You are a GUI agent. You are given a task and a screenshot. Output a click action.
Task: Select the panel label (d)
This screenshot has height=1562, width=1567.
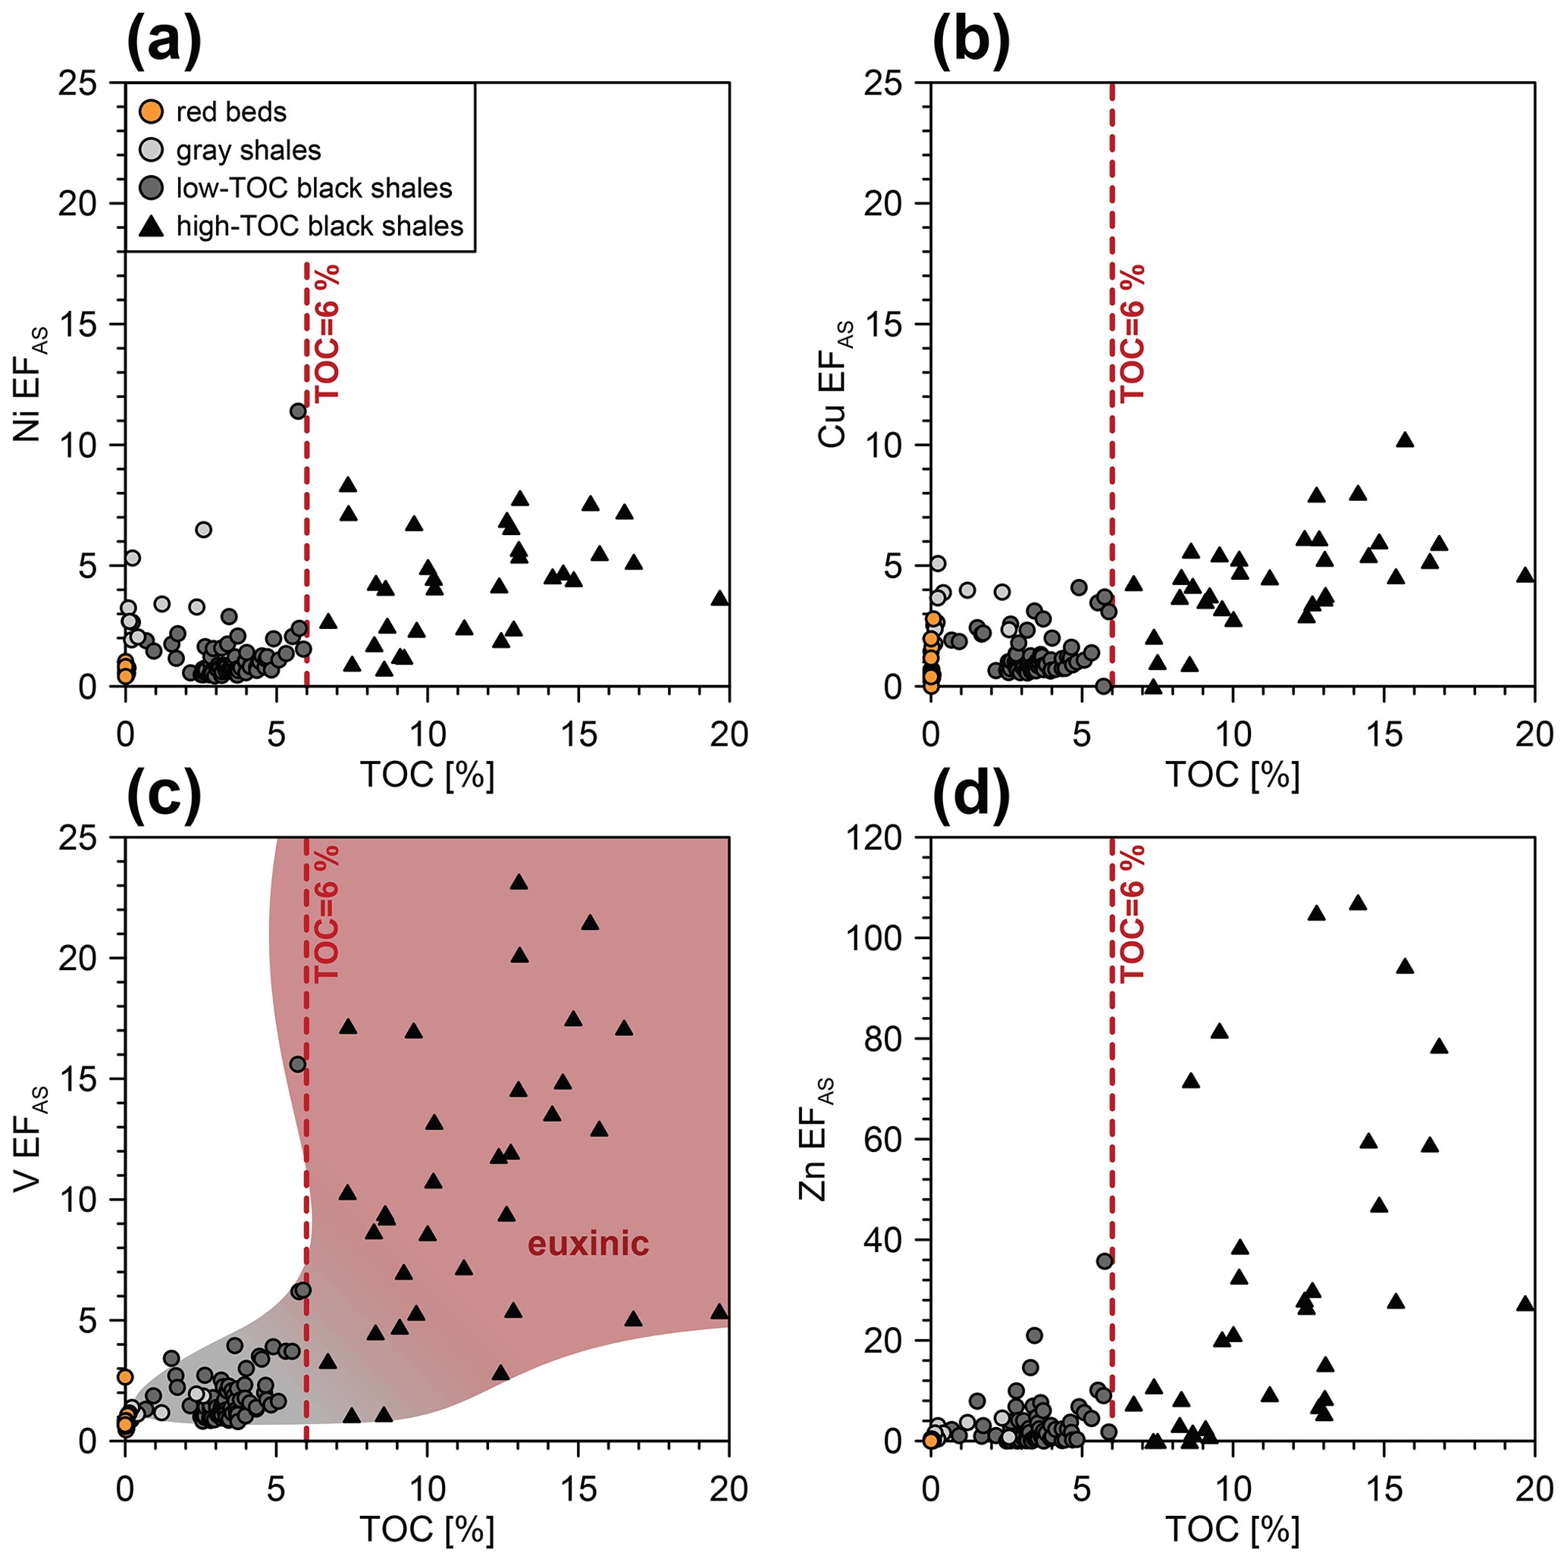click(x=972, y=795)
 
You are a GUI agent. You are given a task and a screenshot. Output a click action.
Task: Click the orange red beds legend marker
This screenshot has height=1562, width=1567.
click(x=151, y=111)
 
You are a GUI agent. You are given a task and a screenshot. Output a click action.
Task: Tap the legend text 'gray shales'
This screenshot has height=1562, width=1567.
click(x=248, y=150)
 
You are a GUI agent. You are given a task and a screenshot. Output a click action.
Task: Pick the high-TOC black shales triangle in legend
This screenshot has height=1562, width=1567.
click(x=151, y=227)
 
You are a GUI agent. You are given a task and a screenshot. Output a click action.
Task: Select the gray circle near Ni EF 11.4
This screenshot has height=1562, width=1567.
click(x=298, y=412)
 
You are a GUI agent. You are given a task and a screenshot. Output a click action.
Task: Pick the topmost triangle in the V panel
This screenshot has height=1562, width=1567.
click(x=519, y=882)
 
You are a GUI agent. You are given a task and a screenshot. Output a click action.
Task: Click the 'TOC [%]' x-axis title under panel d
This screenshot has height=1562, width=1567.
click(x=1232, y=1529)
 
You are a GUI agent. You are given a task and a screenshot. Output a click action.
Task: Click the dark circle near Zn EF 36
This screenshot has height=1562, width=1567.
click(x=1104, y=1260)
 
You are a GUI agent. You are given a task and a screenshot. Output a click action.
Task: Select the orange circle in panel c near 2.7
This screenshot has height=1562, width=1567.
click(x=125, y=1376)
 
